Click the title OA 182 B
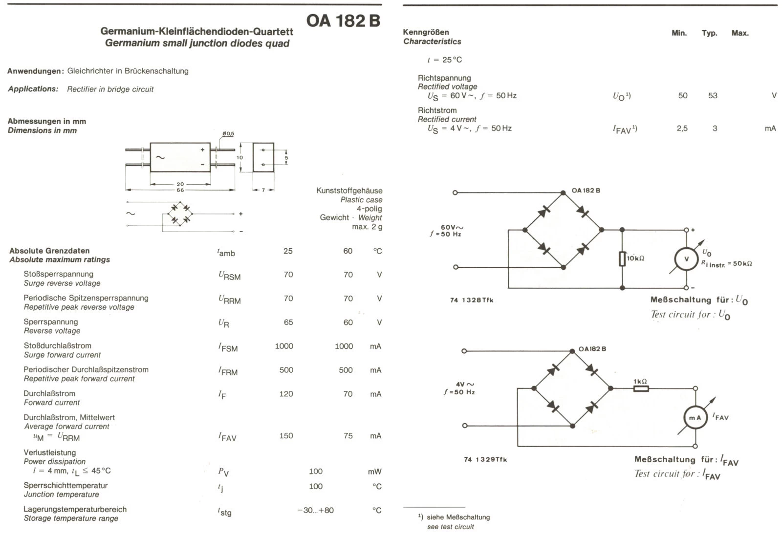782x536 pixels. (x=343, y=21)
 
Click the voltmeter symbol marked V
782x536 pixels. (x=686, y=259)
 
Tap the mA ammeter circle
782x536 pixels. (x=695, y=418)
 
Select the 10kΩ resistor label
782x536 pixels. (x=636, y=258)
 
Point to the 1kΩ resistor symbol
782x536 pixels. (x=641, y=389)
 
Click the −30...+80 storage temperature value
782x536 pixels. (x=315, y=510)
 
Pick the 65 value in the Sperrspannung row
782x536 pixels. (x=288, y=322)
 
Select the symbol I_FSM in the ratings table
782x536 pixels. (x=228, y=347)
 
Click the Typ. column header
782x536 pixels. (x=709, y=33)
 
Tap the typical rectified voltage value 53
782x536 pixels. (x=713, y=96)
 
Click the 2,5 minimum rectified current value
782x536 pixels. (x=682, y=129)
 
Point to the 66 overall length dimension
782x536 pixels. (x=180, y=190)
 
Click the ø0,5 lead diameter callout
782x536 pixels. (x=228, y=133)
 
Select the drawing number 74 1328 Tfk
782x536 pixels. (x=472, y=300)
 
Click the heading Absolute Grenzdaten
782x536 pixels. (x=49, y=251)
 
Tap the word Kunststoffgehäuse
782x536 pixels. (x=349, y=191)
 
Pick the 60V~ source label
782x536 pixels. (x=452, y=227)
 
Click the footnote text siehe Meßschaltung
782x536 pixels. (x=458, y=517)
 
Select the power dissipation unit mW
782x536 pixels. (x=374, y=472)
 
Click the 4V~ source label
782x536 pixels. (x=465, y=385)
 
